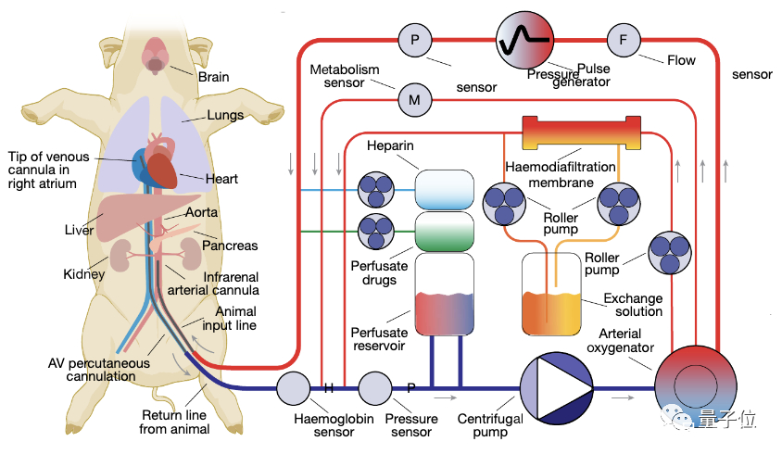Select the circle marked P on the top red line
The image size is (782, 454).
pyautogui.click(x=414, y=39)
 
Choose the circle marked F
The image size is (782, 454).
pyautogui.click(x=623, y=39)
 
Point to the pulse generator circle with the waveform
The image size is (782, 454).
pyautogui.click(x=525, y=40)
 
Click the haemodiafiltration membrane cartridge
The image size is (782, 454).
pyautogui.click(x=582, y=132)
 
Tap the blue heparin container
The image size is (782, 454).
pyautogui.click(x=444, y=189)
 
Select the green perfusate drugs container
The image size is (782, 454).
pyautogui.click(x=444, y=231)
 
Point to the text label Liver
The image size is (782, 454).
pyautogui.click(x=79, y=229)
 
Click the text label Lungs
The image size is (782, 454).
pyautogui.click(x=225, y=115)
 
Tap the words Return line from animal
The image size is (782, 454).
pyautogui.click(x=174, y=422)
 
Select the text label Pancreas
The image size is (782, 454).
pyautogui.click(x=231, y=246)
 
